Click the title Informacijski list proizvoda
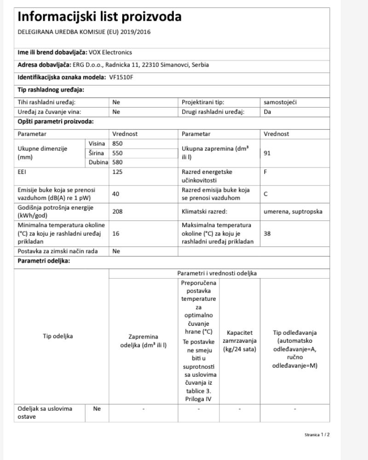click(x=99, y=17)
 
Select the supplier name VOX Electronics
click(x=110, y=52)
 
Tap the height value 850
click(x=118, y=144)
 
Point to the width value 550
click(x=118, y=153)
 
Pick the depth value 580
click(x=118, y=162)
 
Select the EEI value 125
click(x=118, y=172)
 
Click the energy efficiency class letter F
click(x=265, y=172)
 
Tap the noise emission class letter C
click(x=265, y=194)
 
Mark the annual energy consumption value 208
click(x=118, y=212)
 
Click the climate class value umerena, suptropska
click(x=293, y=212)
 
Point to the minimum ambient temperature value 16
click(x=116, y=233)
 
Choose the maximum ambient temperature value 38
click(x=267, y=233)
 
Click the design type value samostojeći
click(x=280, y=103)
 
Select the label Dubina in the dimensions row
click(x=97, y=162)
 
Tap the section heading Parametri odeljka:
click(x=44, y=261)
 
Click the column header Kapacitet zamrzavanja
click(x=239, y=341)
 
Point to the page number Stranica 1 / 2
click(x=317, y=435)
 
